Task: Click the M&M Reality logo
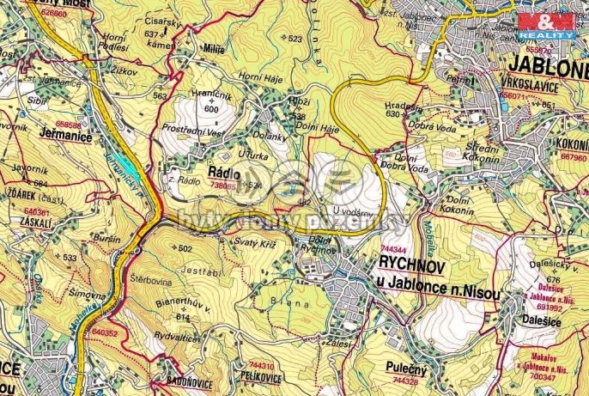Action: click(550, 25)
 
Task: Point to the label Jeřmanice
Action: click(64, 134)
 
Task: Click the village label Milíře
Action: click(215, 50)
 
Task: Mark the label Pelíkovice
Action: click(262, 376)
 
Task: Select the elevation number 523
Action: click(295, 39)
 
